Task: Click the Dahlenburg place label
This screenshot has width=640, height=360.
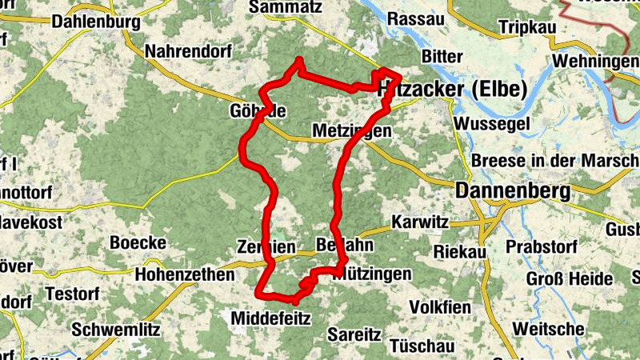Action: coord(95,22)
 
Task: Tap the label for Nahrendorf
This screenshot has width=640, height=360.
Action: coord(188,52)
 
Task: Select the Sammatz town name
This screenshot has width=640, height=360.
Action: coord(286,7)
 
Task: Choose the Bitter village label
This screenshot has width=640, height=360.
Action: coord(442,57)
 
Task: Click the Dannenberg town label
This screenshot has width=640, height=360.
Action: coord(512,191)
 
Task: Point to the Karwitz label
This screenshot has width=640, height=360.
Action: coord(418,222)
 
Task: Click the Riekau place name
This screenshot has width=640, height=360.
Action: coord(460,251)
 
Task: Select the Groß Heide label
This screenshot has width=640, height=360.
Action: coord(569,280)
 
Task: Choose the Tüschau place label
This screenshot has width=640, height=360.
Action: coord(423,346)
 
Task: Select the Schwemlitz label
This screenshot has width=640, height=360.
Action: coord(116,329)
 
